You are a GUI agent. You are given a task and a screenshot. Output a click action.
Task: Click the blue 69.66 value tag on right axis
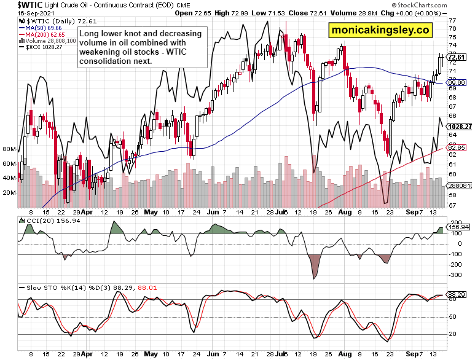pos(458,82)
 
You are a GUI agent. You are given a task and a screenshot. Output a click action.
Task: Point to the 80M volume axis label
pos(9,149)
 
